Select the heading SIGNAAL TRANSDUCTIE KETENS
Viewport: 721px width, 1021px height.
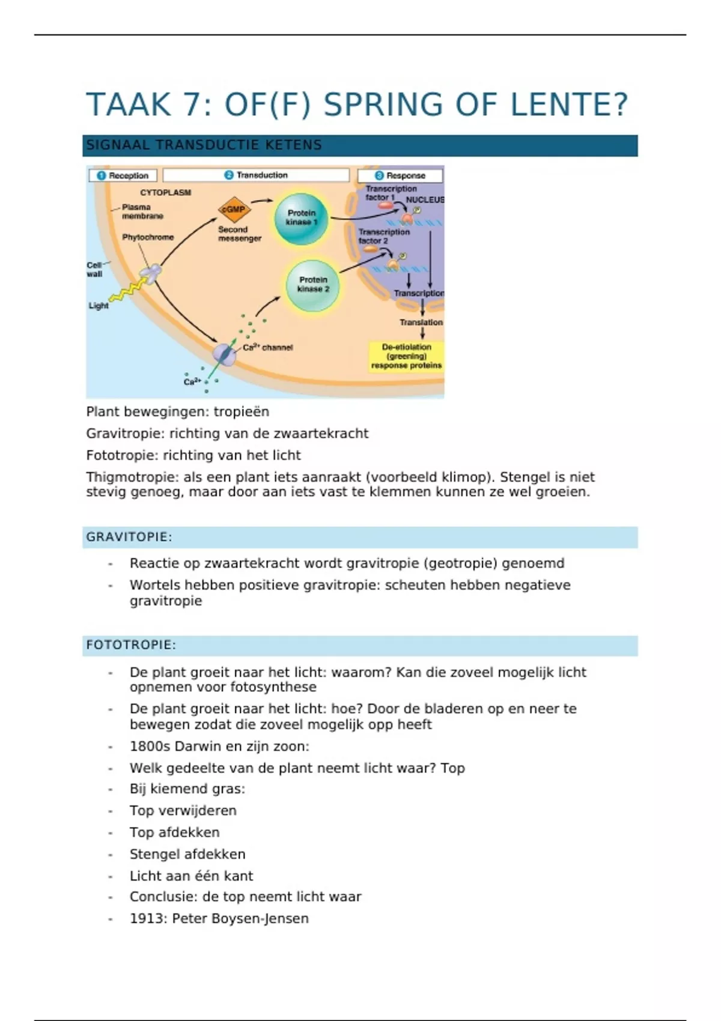pos(204,145)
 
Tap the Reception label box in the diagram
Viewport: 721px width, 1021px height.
pos(123,175)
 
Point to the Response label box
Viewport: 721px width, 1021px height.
pos(400,175)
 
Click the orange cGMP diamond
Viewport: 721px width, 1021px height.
pos(234,210)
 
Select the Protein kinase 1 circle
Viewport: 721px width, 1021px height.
pos(301,218)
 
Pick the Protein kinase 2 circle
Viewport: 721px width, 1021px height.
pos(312,285)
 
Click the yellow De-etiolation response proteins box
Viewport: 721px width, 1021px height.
pos(406,356)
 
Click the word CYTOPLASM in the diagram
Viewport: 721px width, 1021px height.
pos(165,193)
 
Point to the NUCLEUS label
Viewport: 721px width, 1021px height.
pos(425,199)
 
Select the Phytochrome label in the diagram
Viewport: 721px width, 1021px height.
pos(148,237)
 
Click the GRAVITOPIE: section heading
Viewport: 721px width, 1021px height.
pos(129,537)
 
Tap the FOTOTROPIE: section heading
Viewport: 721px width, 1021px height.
pos(131,645)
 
